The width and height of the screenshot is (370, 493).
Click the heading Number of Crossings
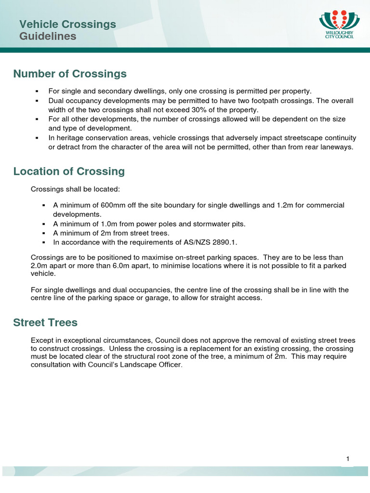point(70,74)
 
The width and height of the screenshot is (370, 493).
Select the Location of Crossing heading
point(69,171)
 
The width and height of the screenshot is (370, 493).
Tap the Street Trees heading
point(45,323)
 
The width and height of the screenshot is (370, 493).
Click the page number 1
point(347,459)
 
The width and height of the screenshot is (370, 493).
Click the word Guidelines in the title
point(48,37)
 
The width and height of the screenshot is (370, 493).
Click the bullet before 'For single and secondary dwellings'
point(37,91)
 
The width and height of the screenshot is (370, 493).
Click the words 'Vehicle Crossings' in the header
point(67,24)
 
